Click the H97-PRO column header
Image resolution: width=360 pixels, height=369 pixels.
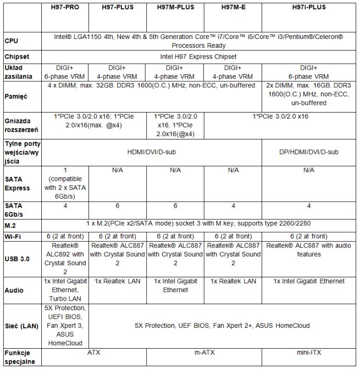pyautogui.click(x=65, y=7)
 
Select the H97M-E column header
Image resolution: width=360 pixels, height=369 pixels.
pyautogui.click(x=232, y=7)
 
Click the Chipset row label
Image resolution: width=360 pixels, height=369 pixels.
pyautogui.click(x=17, y=57)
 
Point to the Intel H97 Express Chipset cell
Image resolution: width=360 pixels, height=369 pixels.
pyautogui.click(x=198, y=57)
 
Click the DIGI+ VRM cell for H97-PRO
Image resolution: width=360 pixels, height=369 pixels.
pyautogui.click(x=65, y=72)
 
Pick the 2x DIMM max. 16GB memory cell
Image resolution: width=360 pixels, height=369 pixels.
pyautogui.click(x=308, y=94)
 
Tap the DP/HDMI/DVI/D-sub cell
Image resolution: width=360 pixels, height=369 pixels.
pyautogui.click(x=308, y=151)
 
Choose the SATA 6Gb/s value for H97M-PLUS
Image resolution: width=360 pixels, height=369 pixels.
pyautogui.click(x=175, y=206)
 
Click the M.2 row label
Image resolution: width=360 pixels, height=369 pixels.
pyautogui.click(x=12, y=225)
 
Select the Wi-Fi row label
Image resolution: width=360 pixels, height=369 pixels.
pyautogui.click(x=14, y=236)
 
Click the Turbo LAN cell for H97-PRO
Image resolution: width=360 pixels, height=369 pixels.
pyautogui.click(x=65, y=289)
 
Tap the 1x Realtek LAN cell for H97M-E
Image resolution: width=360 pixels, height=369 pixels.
pyautogui.click(x=232, y=281)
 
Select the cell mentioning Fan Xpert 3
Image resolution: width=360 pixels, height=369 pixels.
pyautogui.click(x=65, y=325)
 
